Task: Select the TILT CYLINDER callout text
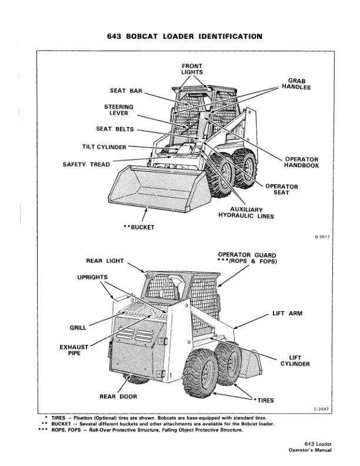(104, 147)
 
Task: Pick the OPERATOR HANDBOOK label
(302, 162)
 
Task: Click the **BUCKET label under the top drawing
(138, 227)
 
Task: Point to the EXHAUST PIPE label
(74, 351)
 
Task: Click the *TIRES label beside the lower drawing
(262, 401)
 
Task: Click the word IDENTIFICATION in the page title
(224, 36)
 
